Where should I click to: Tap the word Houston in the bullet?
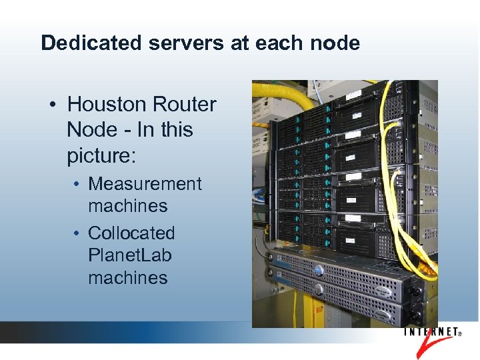click(107, 105)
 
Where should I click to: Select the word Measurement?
click(145, 184)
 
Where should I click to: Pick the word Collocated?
click(131, 233)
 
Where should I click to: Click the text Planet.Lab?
click(130, 255)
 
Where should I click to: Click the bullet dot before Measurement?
click(77, 185)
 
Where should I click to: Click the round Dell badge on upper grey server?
click(318, 271)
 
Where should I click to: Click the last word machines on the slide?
click(128, 277)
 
